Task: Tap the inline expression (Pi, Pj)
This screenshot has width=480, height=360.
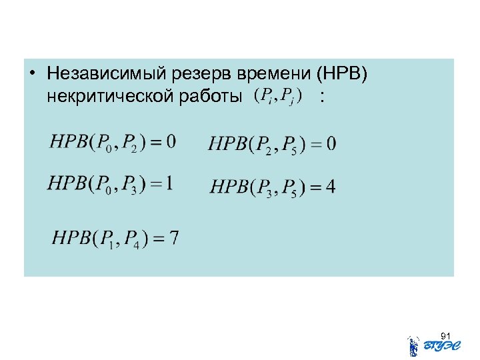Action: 278,96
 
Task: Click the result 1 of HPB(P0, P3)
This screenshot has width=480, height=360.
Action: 169,183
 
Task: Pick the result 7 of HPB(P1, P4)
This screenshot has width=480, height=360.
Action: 173,238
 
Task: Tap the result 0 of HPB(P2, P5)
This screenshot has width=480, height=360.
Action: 331,143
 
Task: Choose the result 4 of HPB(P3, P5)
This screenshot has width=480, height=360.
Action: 331,187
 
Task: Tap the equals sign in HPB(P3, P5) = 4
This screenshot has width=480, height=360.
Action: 312,187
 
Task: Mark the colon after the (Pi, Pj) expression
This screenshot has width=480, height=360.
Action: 323,97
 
